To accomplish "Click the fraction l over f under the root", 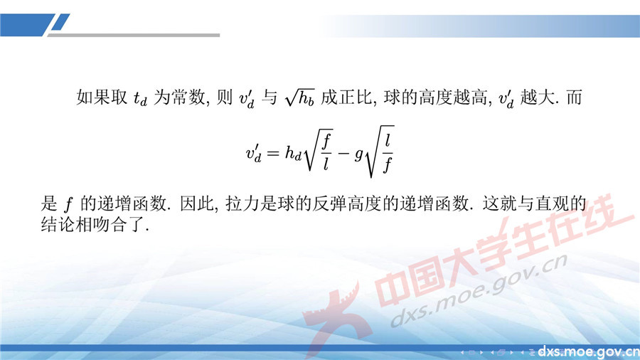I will tap(388, 152).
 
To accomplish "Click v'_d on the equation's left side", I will tap(255, 152).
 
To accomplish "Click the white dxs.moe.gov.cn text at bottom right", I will tap(588, 351).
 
